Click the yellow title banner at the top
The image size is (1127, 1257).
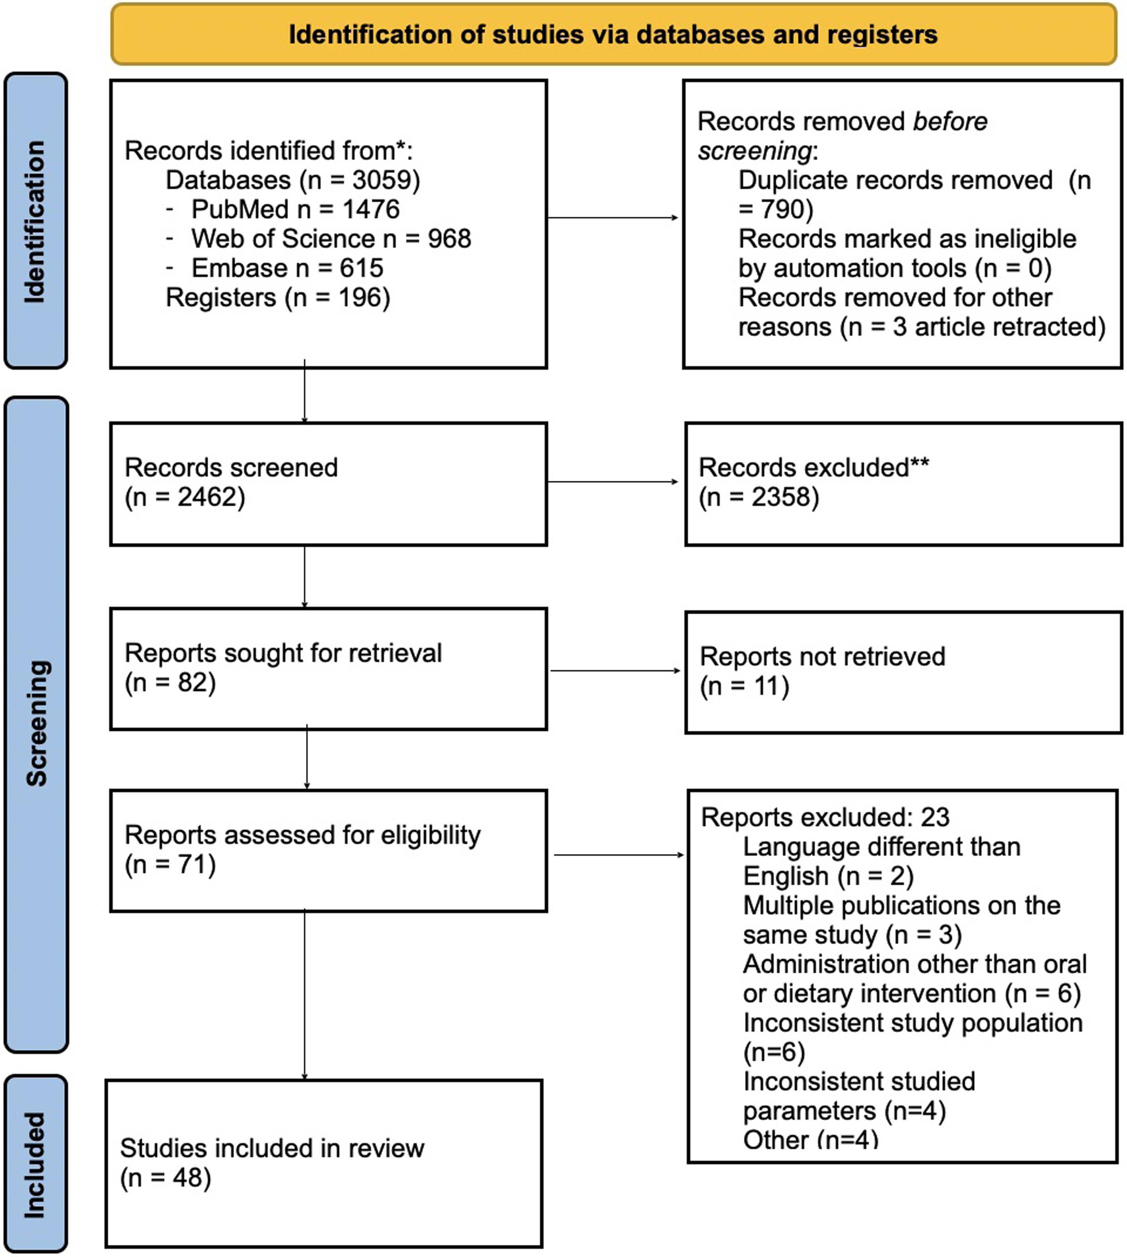pyautogui.click(x=614, y=34)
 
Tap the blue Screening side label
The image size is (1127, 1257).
pyautogui.click(x=36, y=725)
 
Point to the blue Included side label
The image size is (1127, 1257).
pyautogui.click(x=35, y=1164)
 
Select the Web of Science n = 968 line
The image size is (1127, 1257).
pyautogui.click(x=318, y=239)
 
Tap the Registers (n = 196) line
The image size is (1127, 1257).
pyautogui.click(x=278, y=298)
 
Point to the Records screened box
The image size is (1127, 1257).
pyautogui.click(x=329, y=484)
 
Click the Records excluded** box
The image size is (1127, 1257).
pyautogui.click(x=903, y=484)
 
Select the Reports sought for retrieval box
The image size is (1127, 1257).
pyautogui.click(x=329, y=669)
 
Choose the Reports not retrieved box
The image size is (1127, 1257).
pyautogui.click(x=903, y=672)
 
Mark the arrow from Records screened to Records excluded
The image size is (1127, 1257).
pyautogui.click(x=613, y=482)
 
